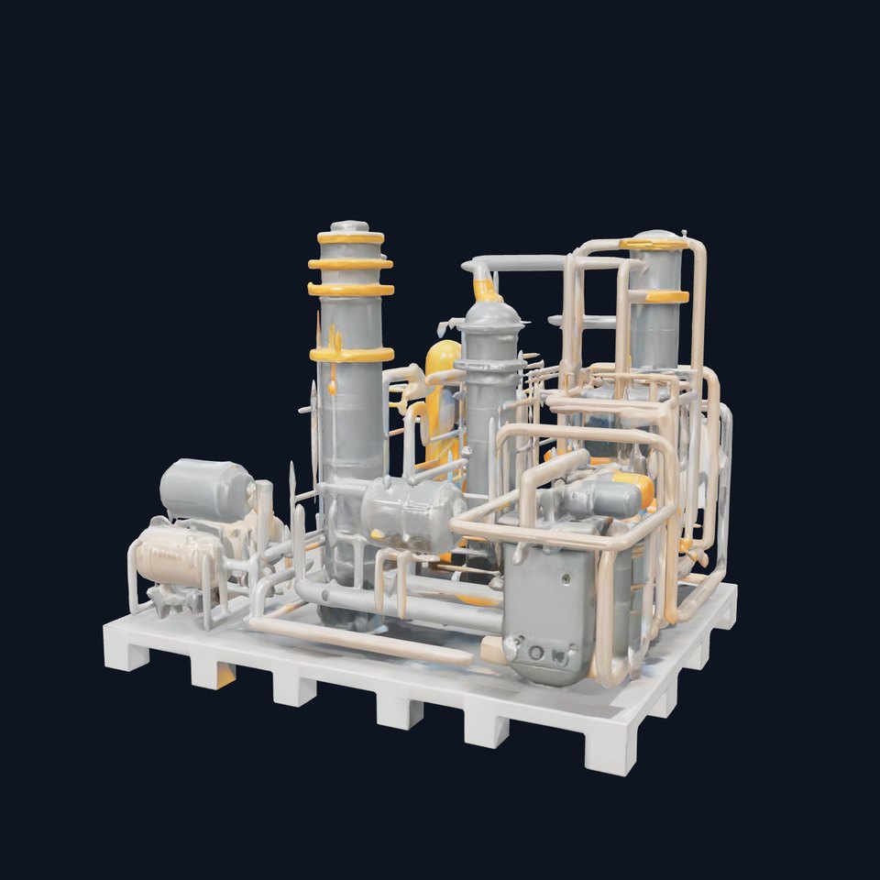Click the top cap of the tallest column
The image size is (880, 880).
pyautogui.click(x=349, y=226)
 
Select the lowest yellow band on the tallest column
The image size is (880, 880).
pyautogui.click(x=351, y=354)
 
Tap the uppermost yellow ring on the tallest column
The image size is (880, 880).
pyautogui.click(x=351, y=238)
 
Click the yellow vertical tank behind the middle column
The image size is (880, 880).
pyautogui.click(x=445, y=403)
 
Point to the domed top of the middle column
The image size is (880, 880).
pyautogui.click(x=492, y=314)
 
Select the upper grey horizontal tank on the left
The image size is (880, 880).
pyautogui.click(x=206, y=489)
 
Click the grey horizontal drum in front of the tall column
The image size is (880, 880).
pyautogui.click(x=412, y=514)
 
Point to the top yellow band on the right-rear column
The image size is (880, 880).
pyautogui.click(x=655, y=244)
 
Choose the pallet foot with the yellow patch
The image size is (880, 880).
pyautogui.click(x=213, y=675)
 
